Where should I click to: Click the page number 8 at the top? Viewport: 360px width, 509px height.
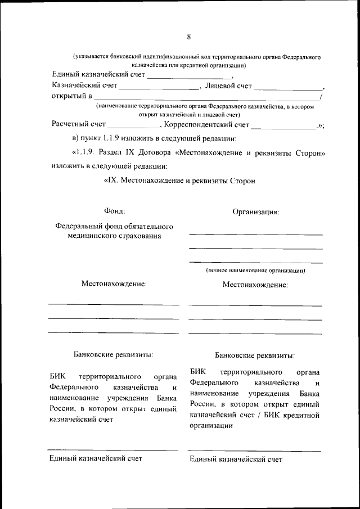pyautogui.click(x=189, y=37)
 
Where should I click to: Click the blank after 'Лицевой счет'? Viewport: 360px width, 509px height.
pyautogui.click(x=288, y=88)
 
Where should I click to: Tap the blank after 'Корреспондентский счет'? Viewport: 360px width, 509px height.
pyautogui.click(x=283, y=127)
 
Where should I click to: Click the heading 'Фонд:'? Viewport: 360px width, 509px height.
pyautogui.click(x=114, y=211)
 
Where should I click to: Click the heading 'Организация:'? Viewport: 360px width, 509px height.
pyautogui.click(x=256, y=212)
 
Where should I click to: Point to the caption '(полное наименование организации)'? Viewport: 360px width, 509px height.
pyautogui.click(x=255, y=271)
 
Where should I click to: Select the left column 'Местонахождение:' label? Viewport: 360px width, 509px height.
pyautogui.click(x=114, y=284)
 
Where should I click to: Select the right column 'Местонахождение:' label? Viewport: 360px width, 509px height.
pyautogui.click(x=255, y=285)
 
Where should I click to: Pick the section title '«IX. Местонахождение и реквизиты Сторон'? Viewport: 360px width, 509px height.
pyautogui.click(x=179, y=181)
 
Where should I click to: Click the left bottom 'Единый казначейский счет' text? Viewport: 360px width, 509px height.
pyautogui.click(x=96, y=458)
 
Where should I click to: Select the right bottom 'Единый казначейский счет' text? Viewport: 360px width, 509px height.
pyautogui.click(x=236, y=460)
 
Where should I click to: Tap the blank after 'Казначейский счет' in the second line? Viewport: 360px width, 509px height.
pyautogui.click(x=159, y=88)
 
